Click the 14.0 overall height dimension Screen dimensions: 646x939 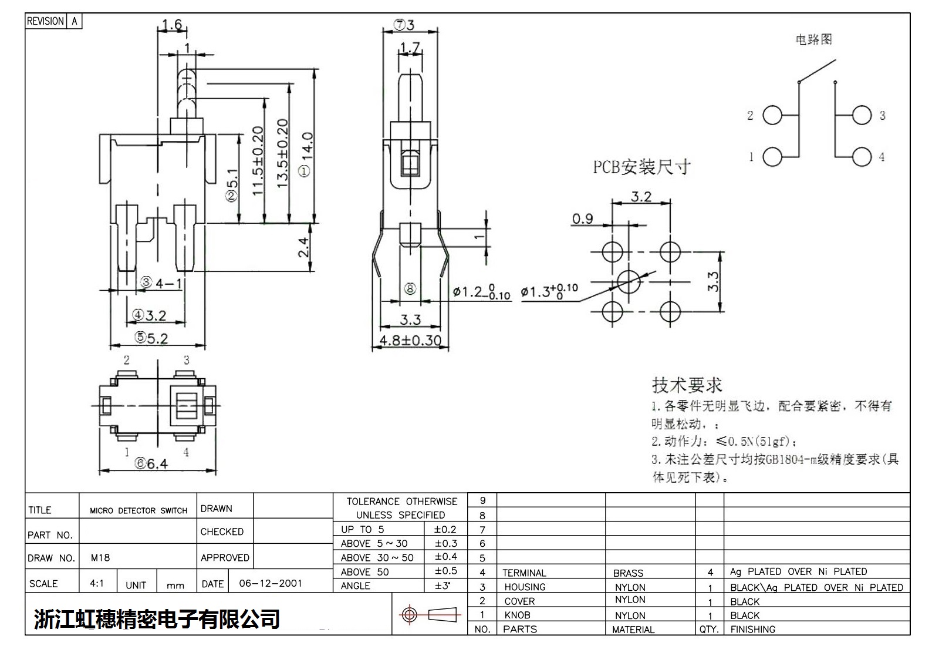pos(308,154)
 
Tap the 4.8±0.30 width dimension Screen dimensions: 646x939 pos(410,340)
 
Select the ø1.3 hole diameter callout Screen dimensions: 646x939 pos(549,291)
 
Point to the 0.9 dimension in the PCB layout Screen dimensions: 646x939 pos(583,219)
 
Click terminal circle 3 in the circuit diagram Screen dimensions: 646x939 pos(862,115)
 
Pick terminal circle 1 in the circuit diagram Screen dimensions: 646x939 pos(772,157)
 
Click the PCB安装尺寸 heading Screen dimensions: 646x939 pos(641,167)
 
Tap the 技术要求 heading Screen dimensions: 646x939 pos(687,385)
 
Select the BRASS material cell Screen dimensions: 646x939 pos(628,573)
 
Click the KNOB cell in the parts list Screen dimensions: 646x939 pos(517,615)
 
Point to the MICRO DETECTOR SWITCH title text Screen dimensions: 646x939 pos(139,511)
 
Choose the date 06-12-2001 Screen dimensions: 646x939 pos(271,584)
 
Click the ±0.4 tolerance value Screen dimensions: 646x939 pos(445,557)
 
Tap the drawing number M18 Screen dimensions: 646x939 pos(100,558)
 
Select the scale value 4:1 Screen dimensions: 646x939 pos(97,584)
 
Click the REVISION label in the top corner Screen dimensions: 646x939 pos(45,21)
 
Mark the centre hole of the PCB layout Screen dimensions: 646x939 pos(629,281)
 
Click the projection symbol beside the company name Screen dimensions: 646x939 pos(428,615)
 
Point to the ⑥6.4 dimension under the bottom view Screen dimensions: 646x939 pos(152,464)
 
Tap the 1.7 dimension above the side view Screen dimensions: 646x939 pos(410,48)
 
